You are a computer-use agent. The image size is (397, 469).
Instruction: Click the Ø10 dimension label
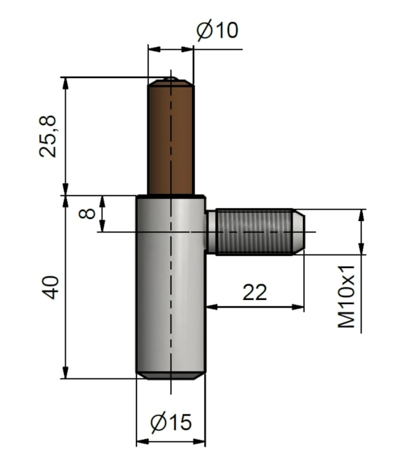coord(217,31)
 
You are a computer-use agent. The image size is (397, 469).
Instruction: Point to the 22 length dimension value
coord(255,291)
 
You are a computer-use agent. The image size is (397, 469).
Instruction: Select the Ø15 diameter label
coord(171,423)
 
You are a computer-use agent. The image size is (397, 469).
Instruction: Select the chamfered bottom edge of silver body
coord(171,375)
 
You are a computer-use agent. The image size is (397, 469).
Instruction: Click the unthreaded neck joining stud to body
coord(211,231)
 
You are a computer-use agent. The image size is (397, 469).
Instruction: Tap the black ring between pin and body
coord(171,195)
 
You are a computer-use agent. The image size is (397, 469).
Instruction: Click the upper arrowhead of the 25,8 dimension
coord(65,82)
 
